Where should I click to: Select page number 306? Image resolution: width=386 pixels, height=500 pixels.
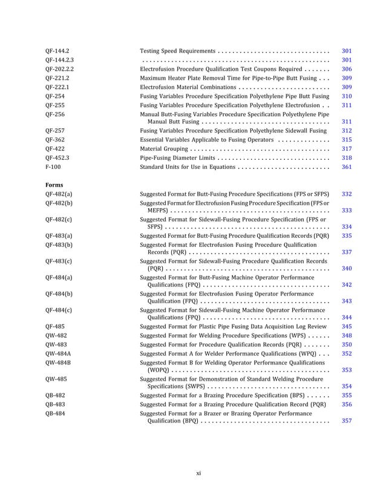[347, 70]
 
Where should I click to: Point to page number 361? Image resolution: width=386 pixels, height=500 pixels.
[347, 166]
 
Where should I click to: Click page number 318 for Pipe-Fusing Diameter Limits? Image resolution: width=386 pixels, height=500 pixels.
[347, 157]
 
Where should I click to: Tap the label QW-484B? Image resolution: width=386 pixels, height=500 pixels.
[57, 361]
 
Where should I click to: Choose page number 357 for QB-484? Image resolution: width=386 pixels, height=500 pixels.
[347, 420]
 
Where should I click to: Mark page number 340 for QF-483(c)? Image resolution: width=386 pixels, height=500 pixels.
[347, 268]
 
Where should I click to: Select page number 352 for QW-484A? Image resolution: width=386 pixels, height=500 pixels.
[347, 353]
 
